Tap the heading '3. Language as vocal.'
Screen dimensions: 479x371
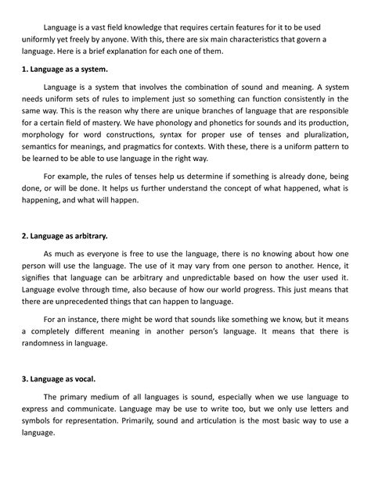59,379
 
